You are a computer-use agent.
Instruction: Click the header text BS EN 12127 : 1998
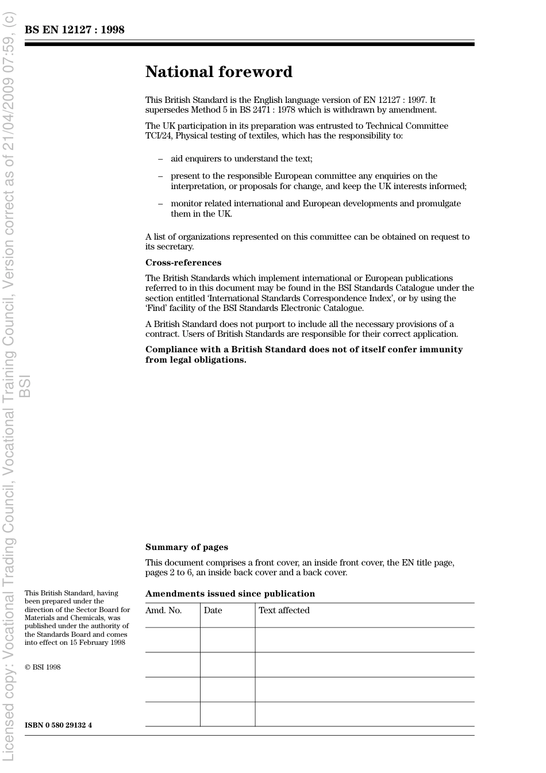74,30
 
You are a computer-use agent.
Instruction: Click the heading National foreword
219,72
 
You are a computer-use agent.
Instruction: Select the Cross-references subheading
183,263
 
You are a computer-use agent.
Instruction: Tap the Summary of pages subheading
186,547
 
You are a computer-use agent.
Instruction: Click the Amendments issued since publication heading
230,594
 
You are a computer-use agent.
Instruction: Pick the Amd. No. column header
163,610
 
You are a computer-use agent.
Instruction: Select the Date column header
213,610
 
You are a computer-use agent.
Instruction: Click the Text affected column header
284,610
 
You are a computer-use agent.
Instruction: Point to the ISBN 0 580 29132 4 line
58,725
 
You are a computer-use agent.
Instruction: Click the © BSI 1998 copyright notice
43,667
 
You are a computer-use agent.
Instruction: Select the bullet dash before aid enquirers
160,159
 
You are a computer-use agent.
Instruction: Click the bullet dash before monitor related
160,204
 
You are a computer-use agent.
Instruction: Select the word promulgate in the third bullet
439,203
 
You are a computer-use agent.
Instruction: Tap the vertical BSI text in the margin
25,386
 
